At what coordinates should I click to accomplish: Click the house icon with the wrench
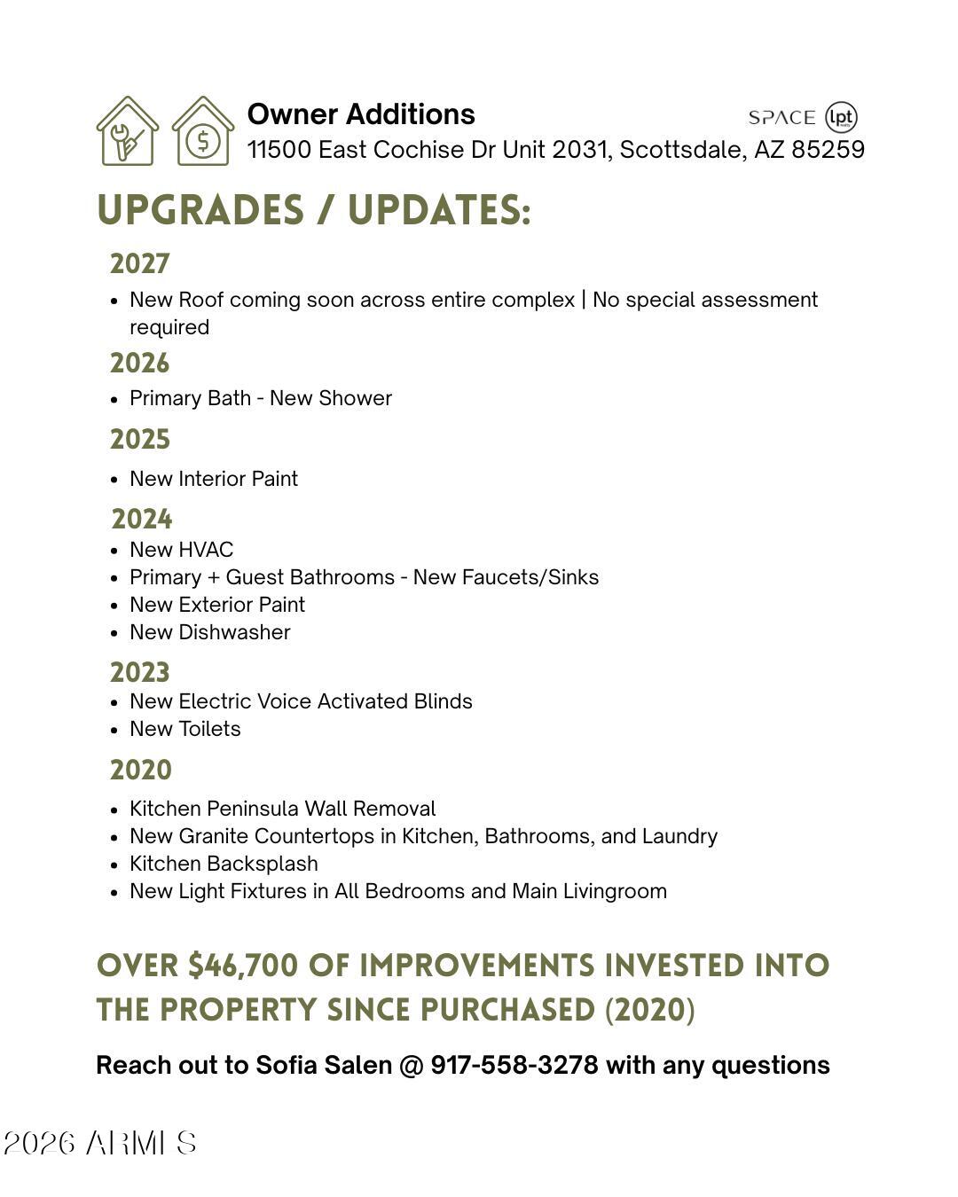[128, 131]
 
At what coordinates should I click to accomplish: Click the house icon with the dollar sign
[203, 131]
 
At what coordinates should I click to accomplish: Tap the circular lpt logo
[841, 117]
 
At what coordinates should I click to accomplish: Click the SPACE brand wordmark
[781, 118]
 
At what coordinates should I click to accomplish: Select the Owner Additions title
[361, 114]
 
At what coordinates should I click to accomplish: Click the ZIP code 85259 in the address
[828, 149]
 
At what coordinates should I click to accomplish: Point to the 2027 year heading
[140, 264]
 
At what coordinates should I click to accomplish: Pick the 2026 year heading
[140, 364]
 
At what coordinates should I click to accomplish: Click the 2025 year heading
[140, 440]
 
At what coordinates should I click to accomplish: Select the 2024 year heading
[142, 520]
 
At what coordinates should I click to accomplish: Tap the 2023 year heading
[140, 673]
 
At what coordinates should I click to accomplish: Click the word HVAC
[206, 550]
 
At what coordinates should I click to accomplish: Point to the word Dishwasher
[234, 632]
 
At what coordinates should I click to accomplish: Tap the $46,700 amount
[243, 966]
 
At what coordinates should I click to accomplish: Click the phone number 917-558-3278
[514, 1065]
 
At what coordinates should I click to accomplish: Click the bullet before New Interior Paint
[114, 480]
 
